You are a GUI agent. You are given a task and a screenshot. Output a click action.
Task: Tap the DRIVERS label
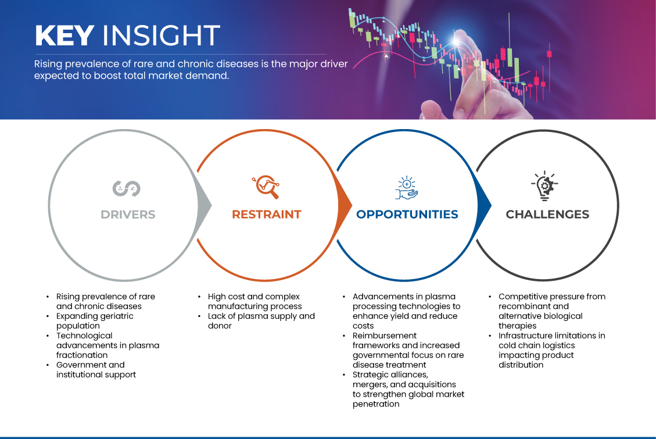click(128, 215)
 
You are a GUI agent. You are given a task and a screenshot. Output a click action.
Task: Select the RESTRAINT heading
click(267, 215)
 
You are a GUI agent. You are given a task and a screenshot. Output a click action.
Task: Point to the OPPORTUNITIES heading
click(407, 215)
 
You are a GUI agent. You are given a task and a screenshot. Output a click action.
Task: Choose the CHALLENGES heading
click(547, 215)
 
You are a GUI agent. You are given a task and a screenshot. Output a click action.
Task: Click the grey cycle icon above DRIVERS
click(126, 188)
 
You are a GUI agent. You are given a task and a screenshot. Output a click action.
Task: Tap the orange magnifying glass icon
click(266, 187)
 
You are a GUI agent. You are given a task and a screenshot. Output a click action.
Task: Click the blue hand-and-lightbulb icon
click(407, 187)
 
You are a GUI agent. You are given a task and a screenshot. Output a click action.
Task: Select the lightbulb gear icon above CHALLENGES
click(544, 186)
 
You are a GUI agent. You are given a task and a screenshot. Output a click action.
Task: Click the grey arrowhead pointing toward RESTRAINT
click(205, 205)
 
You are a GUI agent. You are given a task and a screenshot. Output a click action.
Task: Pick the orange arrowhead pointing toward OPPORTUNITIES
click(345, 205)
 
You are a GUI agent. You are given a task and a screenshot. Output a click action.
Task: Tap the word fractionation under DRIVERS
click(82, 355)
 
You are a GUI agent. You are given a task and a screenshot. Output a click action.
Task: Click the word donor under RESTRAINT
click(220, 326)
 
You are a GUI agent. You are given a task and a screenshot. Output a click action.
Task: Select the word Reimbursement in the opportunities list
click(385, 336)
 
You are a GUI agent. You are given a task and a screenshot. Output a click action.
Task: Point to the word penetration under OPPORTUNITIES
click(376, 404)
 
